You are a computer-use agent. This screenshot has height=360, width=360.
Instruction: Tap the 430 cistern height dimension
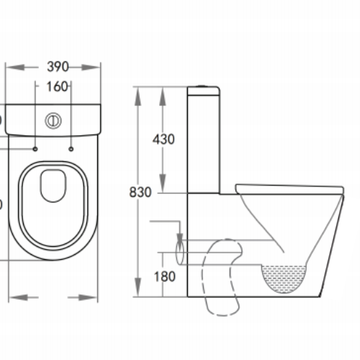click(163, 140)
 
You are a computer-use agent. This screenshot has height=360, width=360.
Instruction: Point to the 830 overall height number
click(140, 192)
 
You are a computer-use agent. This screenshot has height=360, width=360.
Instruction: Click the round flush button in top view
click(53, 120)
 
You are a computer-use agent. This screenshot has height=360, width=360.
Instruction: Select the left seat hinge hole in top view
click(35, 149)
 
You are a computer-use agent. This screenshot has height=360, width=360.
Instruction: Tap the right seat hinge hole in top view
click(71, 149)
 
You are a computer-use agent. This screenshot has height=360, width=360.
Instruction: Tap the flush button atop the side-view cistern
click(204, 87)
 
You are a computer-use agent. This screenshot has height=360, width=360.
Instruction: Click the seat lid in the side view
click(288, 189)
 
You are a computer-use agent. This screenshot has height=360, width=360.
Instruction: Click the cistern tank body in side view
click(204, 140)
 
